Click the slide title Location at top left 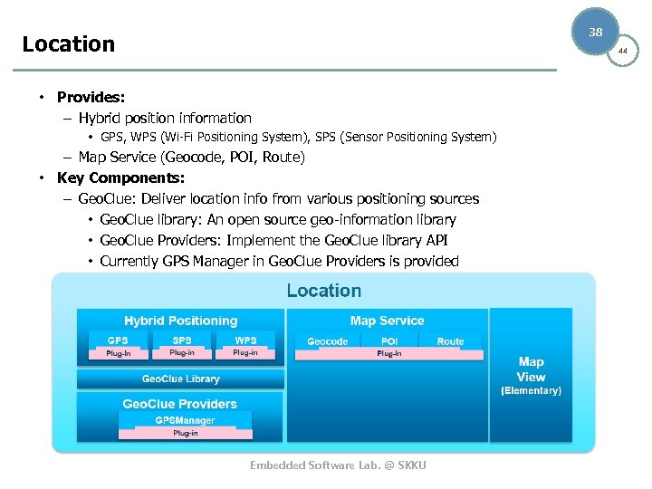click(69, 43)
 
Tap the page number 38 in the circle click(595, 32)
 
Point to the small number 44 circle click(622, 52)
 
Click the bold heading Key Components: click(120, 177)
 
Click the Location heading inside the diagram click(323, 291)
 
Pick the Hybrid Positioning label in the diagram click(180, 321)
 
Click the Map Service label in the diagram click(387, 321)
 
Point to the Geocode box click(327, 341)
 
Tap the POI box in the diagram click(389, 341)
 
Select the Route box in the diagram click(450, 341)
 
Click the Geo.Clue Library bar click(180, 379)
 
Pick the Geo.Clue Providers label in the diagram click(179, 404)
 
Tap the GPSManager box click(185, 420)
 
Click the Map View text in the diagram click(531, 369)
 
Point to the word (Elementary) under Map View click(531, 390)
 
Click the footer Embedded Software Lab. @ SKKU click(338, 465)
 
